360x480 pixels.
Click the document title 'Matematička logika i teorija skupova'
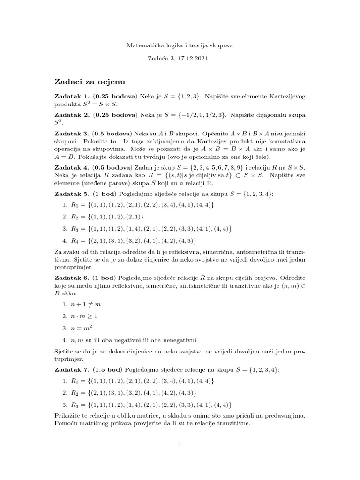tap(180, 45)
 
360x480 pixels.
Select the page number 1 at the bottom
tap(180, 443)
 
